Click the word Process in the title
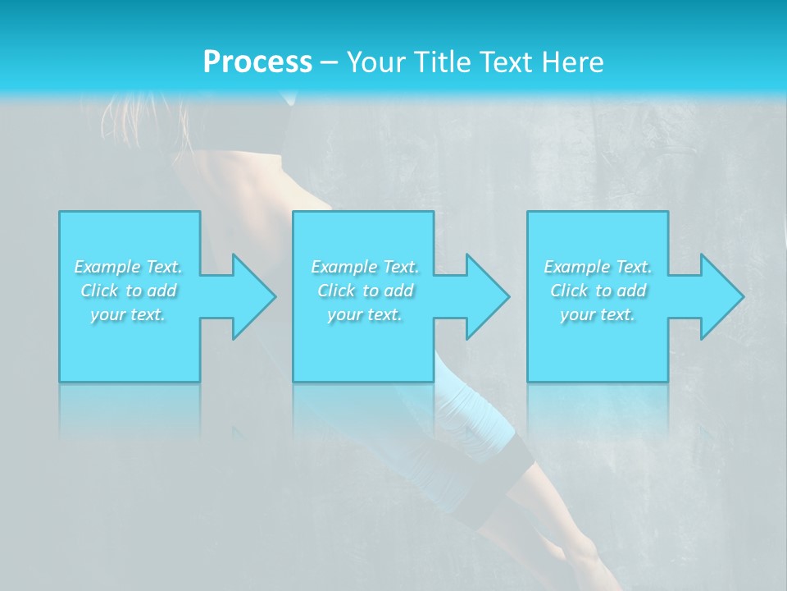(257, 62)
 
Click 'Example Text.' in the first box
(128, 266)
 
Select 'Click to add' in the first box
(129, 290)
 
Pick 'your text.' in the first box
(128, 314)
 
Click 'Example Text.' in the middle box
(365, 266)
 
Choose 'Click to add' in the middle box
(365, 290)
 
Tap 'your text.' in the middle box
(365, 314)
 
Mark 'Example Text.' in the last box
(598, 266)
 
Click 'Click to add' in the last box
(598, 290)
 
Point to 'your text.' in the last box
(598, 314)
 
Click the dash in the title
(329, 62)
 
